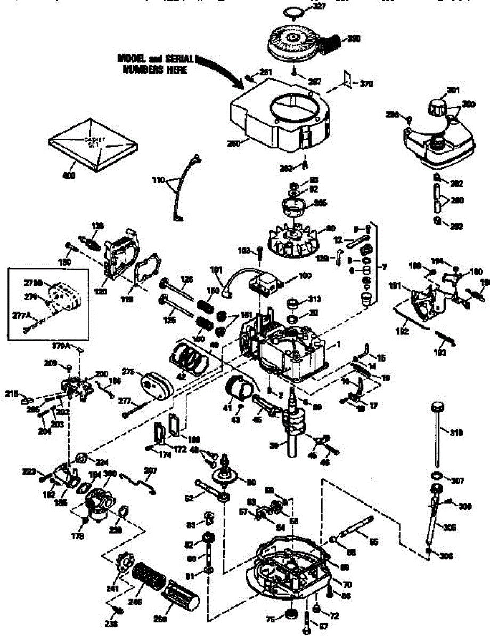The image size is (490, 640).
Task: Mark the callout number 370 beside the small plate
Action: pos(366,84)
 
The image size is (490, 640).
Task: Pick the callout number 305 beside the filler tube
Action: pos(450,527)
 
